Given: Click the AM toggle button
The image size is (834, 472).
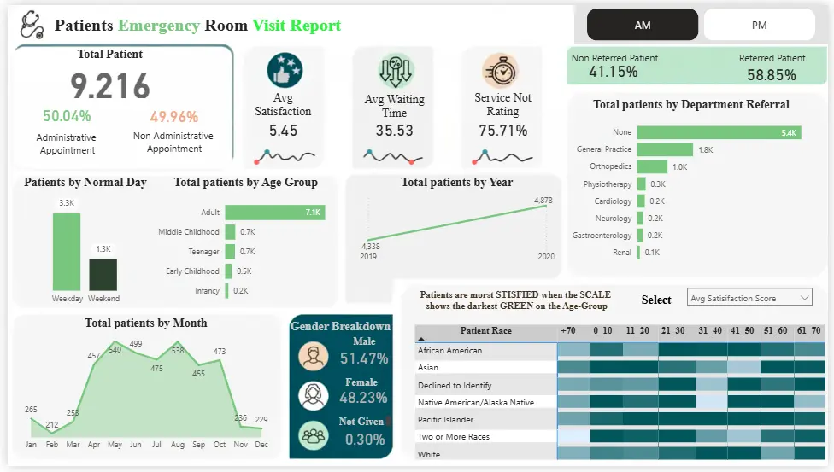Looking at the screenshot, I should pos(643,26).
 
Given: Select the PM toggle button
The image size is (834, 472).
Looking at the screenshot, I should pos(759,26).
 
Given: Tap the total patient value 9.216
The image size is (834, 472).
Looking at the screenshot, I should pos(110,86).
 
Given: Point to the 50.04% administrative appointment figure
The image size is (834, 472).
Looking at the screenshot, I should pos(67,116).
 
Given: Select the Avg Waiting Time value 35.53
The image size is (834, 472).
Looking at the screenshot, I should pos(394,131).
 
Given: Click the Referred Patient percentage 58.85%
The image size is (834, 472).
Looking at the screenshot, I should pos(772,75).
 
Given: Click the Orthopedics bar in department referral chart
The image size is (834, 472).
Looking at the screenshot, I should pos(652,166).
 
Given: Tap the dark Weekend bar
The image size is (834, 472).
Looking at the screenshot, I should pos(103,275).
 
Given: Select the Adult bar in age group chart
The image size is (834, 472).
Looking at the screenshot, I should pos(274,213).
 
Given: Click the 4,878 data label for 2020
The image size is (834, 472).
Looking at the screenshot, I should pos(543,201).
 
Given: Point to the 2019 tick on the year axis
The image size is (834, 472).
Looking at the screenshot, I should pos(368,257).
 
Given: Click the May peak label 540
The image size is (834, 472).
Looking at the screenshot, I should pos(115,350).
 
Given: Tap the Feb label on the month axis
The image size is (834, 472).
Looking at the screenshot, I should pos(52,445).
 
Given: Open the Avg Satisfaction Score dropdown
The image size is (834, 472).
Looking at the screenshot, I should pos(749,298).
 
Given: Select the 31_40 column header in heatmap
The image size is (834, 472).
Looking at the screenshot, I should pos(708,330).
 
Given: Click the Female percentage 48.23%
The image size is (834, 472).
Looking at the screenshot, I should pos(363,398).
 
